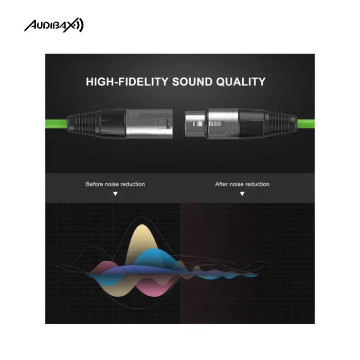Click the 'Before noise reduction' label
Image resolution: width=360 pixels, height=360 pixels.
(115, 184)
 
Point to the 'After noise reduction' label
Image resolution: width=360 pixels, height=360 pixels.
(242, 184)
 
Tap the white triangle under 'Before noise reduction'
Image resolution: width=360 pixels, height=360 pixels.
(115, 194)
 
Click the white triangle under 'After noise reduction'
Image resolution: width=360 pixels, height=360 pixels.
(242, 194)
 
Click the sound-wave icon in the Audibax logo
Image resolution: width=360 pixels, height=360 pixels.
(79, 25)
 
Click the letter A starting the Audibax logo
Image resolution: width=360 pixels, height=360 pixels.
(30, 26)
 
